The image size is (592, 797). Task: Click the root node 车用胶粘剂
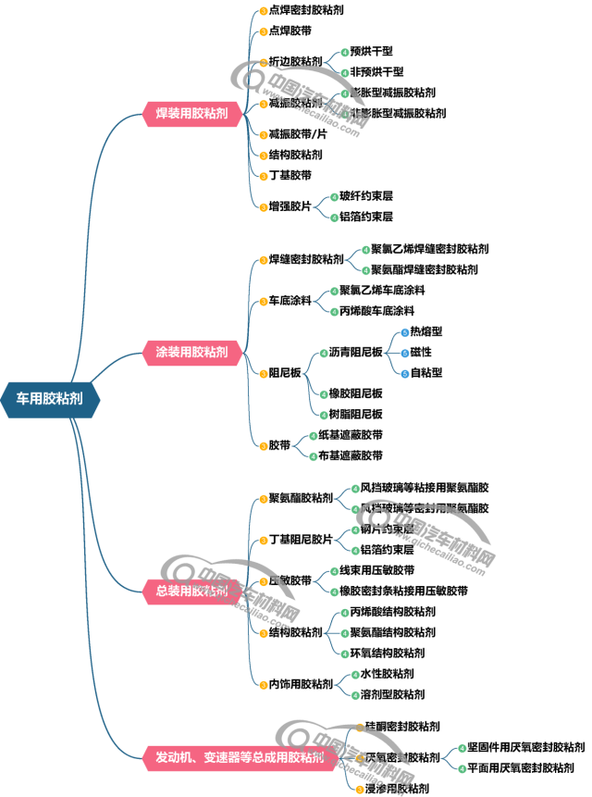(x=49, y=399)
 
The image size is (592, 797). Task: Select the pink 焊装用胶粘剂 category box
(x=191, y=113)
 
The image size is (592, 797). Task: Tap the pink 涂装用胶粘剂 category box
(x=191, y=352)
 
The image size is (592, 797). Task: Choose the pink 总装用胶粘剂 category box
(x=191, y=590)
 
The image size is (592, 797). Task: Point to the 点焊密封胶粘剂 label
(x=306, y=10)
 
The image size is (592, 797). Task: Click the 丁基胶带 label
(x=290, y=175)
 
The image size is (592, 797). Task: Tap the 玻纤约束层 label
(x=366, y=196)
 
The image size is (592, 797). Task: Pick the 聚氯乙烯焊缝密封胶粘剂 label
(x=430, y=249)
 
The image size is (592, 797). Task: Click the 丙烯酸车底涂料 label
(x=376, y=311)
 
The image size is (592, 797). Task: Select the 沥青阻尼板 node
(x=355, y=353)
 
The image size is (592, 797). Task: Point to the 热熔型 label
(x=426, y=331)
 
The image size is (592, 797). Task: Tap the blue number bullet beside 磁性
(x=404, y=353)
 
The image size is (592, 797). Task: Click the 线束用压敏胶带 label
(x=376, y=570)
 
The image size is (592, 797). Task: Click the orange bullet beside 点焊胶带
(x=263, y=31)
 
